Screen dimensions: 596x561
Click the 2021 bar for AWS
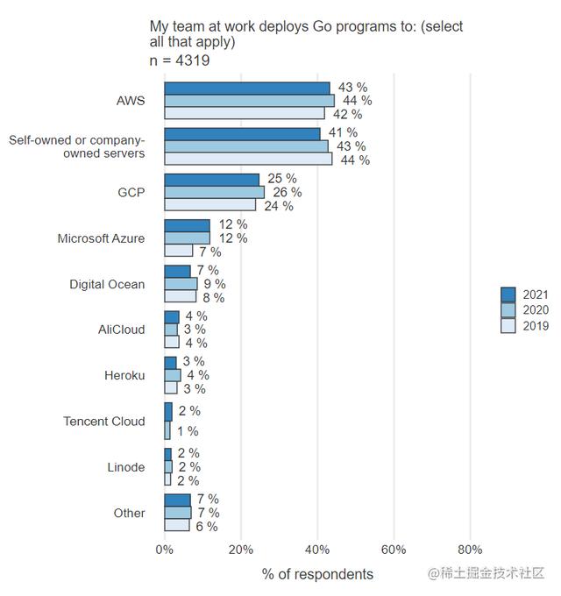pos(247,88)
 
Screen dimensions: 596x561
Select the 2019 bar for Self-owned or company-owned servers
pos(249,160)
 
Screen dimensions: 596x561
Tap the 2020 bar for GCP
pos(215,192)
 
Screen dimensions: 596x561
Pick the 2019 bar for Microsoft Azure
pos(179,251)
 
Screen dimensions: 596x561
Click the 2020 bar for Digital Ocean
pos(181,284)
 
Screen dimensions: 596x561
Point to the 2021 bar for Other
pos(178,500)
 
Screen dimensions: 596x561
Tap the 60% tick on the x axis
pos(394,550)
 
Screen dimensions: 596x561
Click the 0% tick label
pos(164,550)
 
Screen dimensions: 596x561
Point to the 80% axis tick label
pos(470,550)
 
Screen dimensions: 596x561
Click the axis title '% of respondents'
pos(317,574)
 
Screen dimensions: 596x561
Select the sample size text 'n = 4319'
pos(180,60)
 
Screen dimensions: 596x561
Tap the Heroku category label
pos(124,375)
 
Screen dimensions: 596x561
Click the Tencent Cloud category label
pos(104,422)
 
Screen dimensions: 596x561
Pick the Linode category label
pos(126,467)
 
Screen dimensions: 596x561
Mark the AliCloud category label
pos(122,330)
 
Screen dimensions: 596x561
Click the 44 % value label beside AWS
pos(358,101)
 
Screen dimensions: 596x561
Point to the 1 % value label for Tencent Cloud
pos(188,431)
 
